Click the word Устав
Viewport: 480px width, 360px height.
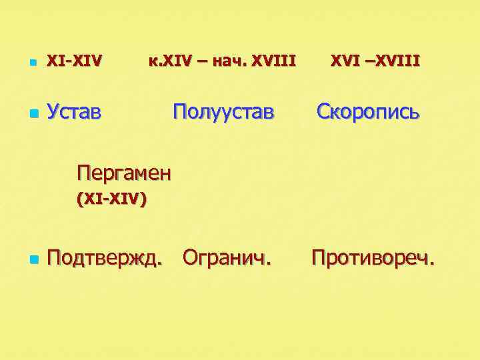[74, 111]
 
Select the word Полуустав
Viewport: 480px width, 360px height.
[223, 111]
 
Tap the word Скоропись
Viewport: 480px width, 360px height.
[367, 111]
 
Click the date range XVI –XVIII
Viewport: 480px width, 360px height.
[375, 61]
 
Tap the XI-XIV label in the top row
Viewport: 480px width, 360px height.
[74, 61]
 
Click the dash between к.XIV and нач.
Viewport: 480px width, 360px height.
[202, 62]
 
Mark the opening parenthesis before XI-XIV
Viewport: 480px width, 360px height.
[80, 199]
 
